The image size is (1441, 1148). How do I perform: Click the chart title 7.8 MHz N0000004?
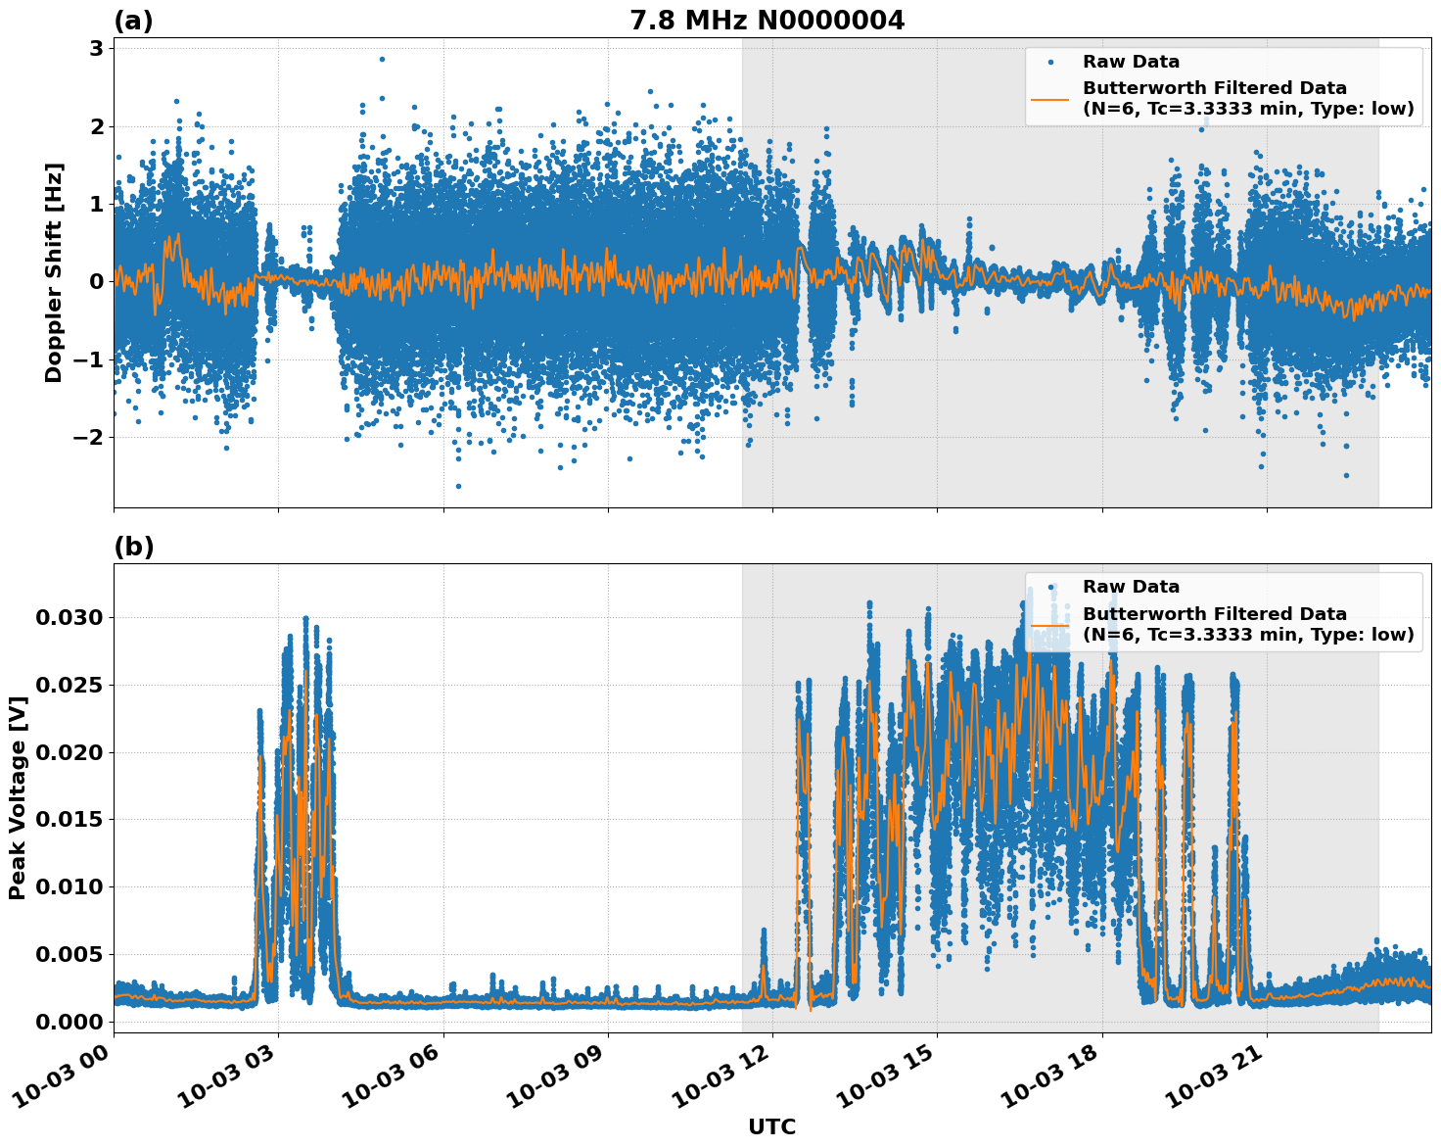tap(767, 20)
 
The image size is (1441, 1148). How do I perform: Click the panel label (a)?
tap(133, 21)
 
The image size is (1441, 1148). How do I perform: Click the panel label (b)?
tap(133, 547)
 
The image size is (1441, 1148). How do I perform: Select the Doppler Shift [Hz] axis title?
tap(54, 272)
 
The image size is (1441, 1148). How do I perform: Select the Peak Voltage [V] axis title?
tap(17, 797)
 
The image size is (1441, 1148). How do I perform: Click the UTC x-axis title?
tap(771, 1126)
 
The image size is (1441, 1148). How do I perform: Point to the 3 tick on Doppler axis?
tap(97, 49)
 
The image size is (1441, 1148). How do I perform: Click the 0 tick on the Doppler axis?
tap(97, 282)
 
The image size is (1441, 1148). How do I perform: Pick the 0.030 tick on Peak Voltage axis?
tap(70, 617)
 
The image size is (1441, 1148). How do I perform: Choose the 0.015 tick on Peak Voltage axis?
tap(70, 820)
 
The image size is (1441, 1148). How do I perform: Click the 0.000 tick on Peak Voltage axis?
tap(70, 1022)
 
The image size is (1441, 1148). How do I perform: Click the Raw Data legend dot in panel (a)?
tap(1050, 62)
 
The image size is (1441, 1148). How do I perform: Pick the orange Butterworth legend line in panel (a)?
tap(1050, 98)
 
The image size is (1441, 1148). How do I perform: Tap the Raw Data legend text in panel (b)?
tap(1131, 587)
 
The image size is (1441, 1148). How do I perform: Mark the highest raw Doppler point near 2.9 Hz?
tap(382, 59)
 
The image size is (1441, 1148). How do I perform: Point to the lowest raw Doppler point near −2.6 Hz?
tap(457, 486)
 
